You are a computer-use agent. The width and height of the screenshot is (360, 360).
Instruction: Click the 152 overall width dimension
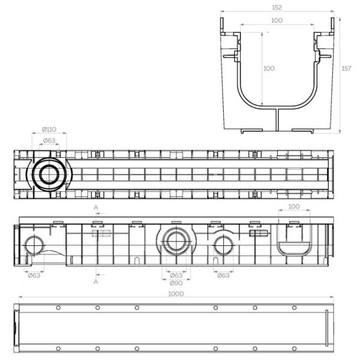(277, 7)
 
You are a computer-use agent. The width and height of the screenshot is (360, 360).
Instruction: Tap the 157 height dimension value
(346, 68)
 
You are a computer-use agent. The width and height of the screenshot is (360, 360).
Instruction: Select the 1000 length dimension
(176, 293)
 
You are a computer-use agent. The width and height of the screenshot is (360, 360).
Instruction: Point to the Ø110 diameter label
(49, 130)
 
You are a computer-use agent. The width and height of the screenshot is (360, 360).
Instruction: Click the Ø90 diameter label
(176, 283)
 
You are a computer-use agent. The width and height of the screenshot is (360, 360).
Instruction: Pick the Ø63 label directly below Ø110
(49, 140)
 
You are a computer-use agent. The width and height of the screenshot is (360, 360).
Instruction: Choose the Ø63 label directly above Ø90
(176, 275)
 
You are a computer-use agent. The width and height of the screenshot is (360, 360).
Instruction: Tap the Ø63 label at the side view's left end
(34, 275)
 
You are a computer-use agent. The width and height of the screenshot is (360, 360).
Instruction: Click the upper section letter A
(96, 208)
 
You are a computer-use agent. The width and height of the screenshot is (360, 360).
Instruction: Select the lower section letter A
(96, 281)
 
